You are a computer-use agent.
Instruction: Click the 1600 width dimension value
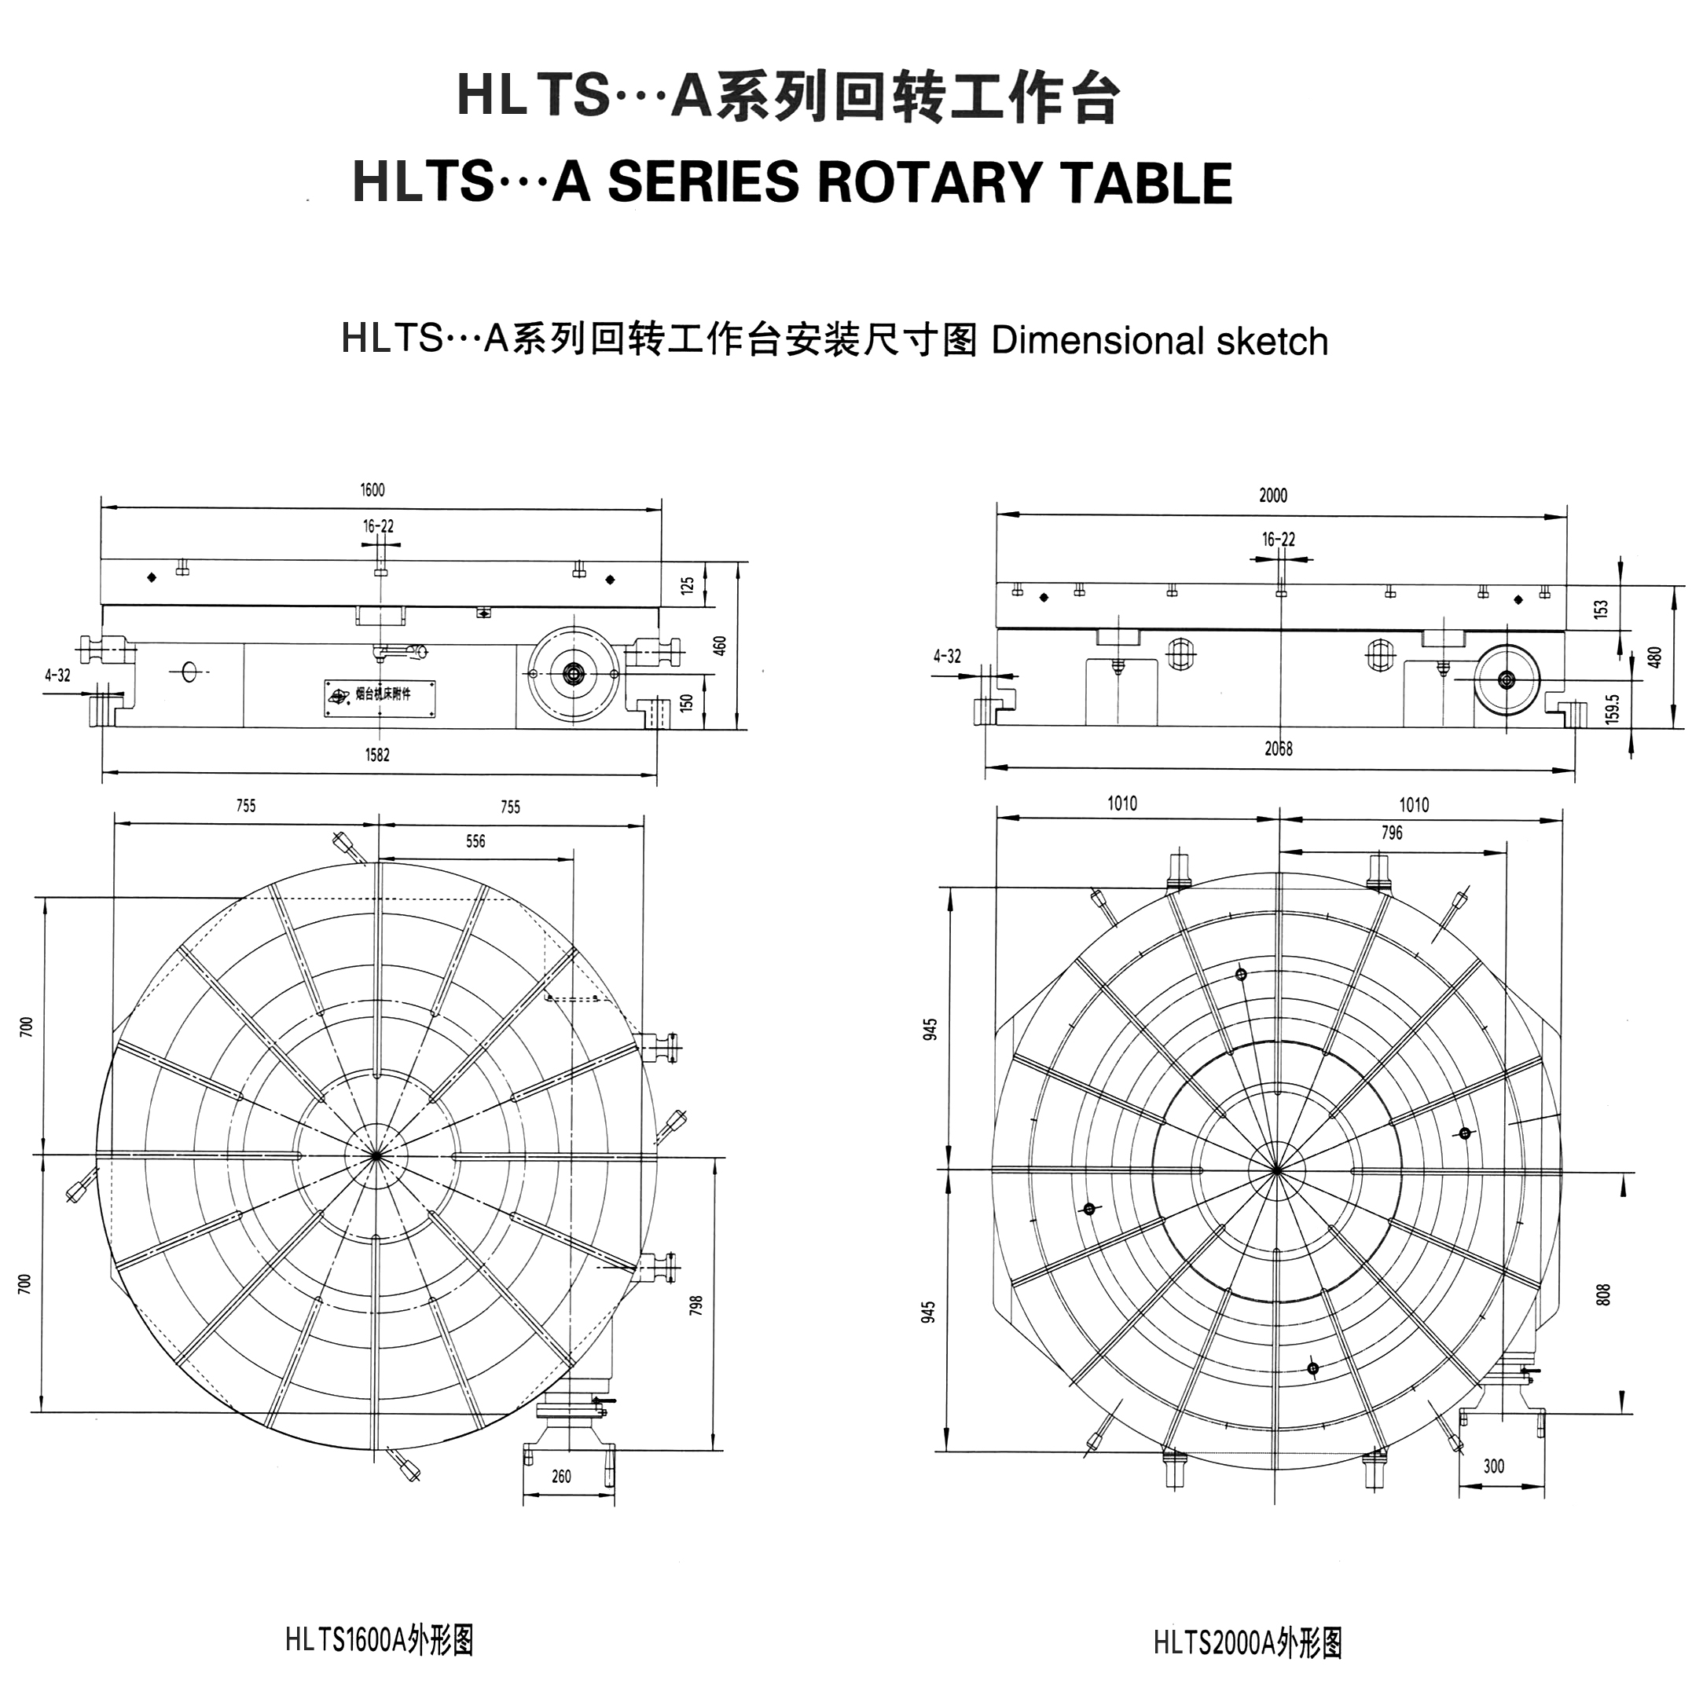point(372,490)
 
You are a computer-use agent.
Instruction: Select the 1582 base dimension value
point(377,755)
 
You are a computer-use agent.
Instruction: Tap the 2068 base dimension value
point(1278,749)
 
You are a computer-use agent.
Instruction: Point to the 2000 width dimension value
point(1273,496)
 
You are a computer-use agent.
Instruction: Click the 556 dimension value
point(475,841)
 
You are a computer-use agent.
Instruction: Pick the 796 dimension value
point(1391,833)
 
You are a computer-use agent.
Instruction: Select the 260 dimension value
point(561,1477)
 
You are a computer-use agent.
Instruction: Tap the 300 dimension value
point(1493,1466)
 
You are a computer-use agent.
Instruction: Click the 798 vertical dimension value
point(696,1305)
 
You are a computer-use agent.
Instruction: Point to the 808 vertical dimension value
point(1603,1294)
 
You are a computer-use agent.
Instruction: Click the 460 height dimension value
point(720,646)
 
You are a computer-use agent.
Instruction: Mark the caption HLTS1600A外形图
point(379,1641)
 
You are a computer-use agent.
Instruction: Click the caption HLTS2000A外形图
point(1247,1643)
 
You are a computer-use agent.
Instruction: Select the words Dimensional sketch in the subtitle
point(1159,341)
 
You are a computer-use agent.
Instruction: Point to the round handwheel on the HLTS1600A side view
point(574,673)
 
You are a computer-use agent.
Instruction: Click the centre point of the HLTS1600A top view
point(376,1155)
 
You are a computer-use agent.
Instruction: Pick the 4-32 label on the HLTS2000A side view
point(947,657)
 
